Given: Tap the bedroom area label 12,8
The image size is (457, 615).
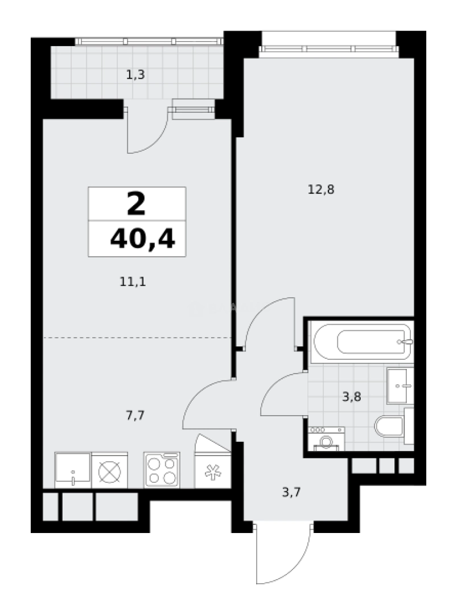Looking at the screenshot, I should (320, 190).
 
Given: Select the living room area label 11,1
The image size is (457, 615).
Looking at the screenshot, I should (133, 281).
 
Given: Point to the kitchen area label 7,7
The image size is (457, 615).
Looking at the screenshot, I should (135, 415).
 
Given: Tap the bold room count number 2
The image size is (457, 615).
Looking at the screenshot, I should (137, 204).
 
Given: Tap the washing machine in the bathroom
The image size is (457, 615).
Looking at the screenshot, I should (326, 439).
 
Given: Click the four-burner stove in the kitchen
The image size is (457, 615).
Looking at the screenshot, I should (162, 470).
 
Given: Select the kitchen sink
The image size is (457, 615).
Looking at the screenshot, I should (73, 470).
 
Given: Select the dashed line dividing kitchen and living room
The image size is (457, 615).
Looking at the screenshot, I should (137, 338).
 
